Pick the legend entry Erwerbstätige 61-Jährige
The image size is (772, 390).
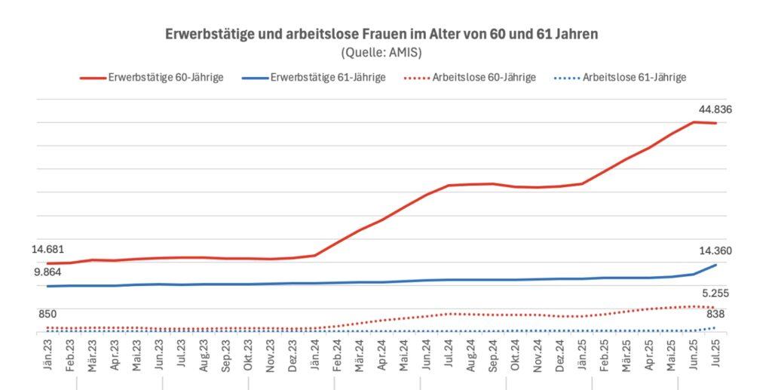(x=315, y=77)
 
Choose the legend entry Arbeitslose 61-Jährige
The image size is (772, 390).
(x=621, y=77)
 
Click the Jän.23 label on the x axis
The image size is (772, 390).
(x=47, y=353)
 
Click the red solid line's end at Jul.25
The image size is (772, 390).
(x=715, y=123)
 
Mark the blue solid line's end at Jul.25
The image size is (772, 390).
(x=715, y=265)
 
